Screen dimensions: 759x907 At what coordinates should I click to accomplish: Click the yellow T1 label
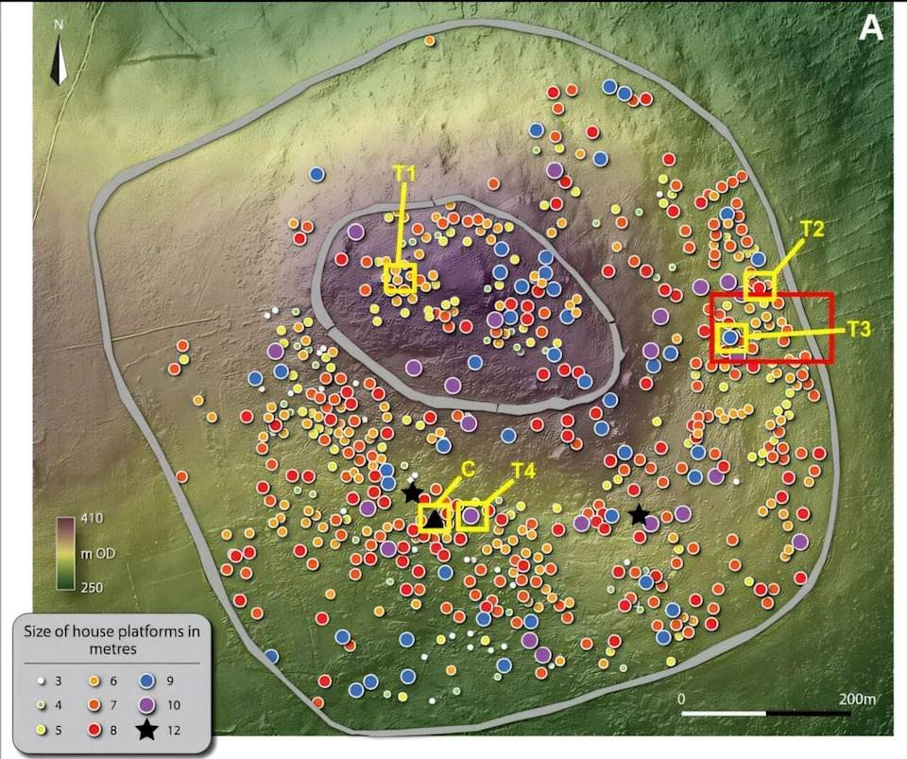405,173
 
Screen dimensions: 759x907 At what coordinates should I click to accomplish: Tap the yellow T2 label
813,228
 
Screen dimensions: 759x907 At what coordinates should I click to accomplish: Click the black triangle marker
434,519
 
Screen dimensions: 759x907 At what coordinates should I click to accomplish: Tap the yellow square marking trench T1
400,278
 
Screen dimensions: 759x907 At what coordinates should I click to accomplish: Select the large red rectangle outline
772,327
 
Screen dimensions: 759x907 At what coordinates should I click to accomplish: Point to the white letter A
870,28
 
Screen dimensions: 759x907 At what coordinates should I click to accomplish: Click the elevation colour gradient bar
65,553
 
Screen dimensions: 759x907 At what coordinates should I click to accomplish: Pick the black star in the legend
146,730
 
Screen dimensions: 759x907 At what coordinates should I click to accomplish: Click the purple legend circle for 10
146,705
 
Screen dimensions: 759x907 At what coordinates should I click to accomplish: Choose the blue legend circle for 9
146,681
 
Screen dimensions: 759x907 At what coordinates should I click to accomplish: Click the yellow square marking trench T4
471,516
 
